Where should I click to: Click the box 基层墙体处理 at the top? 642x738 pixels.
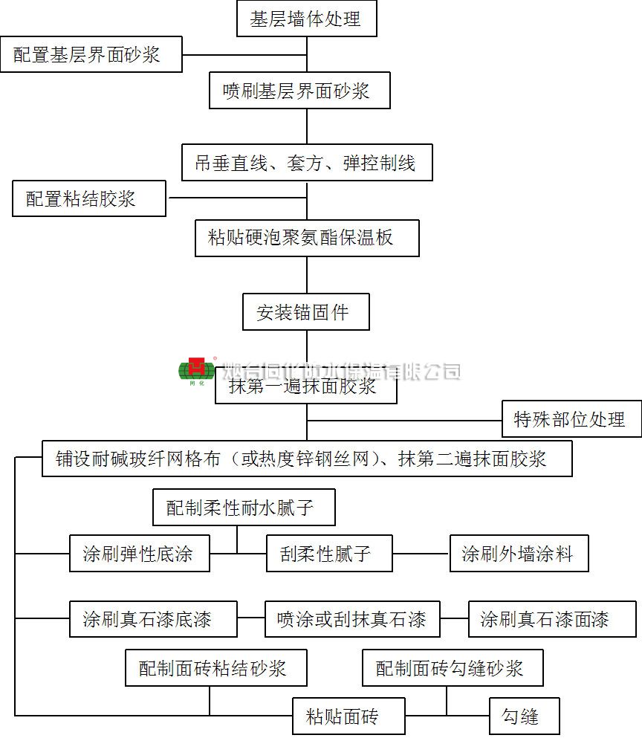pos(306,19)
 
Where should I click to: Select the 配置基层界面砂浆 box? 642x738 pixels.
pos(91,54)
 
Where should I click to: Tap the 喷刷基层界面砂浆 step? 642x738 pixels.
pos(299,91)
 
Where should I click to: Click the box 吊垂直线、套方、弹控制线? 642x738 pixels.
pos(307,163)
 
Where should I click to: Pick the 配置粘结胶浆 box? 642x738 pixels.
pos(89,198)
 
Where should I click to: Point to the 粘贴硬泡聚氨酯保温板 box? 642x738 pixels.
pos(307,238)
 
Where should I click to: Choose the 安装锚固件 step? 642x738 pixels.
pos(305,312)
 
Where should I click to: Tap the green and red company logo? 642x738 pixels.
pos(196,369)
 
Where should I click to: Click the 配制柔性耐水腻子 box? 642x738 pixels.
pos(243,508)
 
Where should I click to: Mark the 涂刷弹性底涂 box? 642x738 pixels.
pos(139,554)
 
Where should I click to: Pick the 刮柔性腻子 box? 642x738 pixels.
pos(329,554)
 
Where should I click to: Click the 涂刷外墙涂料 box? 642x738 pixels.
pos(519,554)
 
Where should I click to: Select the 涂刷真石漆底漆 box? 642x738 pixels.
pos(153,619)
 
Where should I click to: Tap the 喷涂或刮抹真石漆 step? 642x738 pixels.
pos(352,619)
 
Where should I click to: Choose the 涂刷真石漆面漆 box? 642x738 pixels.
pos(552,619)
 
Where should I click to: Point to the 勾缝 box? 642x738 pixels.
pos(524,716)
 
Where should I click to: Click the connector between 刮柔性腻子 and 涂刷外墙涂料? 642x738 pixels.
pos(421,554)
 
